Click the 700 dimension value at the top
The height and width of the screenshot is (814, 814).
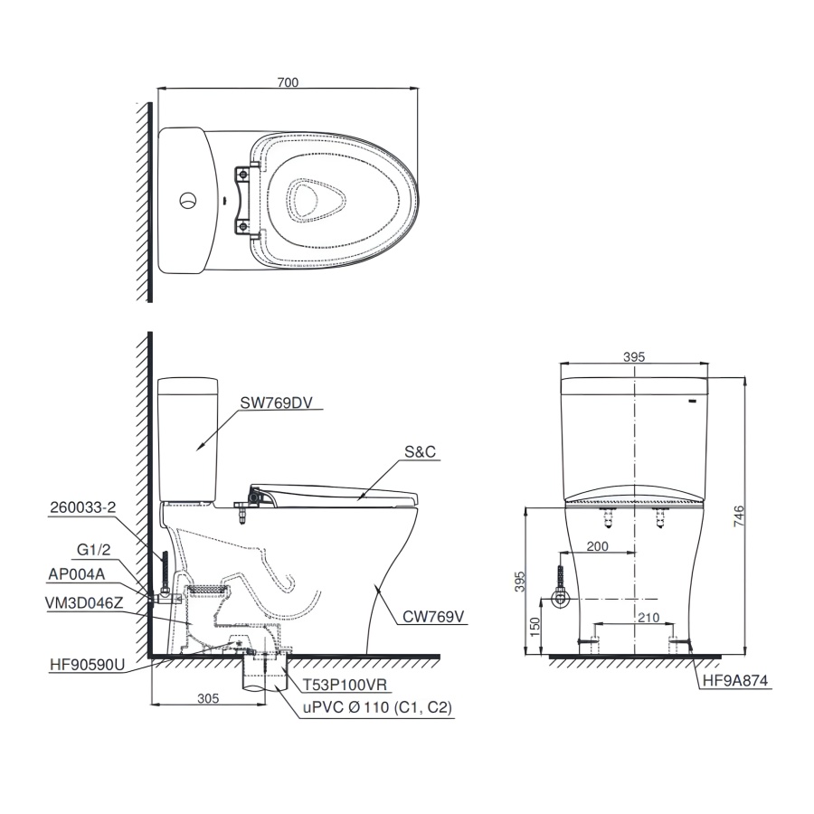(288, 82)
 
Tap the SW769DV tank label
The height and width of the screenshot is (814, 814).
(276, 403)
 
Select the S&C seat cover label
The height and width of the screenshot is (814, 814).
(420, 452)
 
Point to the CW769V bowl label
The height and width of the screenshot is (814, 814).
(434, 617)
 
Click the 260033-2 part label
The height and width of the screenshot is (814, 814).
(83, 507)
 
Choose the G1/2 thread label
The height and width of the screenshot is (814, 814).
(94, 550)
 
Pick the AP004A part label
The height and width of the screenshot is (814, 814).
(77, 574)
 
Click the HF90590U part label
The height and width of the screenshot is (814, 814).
(87, 665)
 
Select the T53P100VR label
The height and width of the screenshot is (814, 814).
(345, 685)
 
